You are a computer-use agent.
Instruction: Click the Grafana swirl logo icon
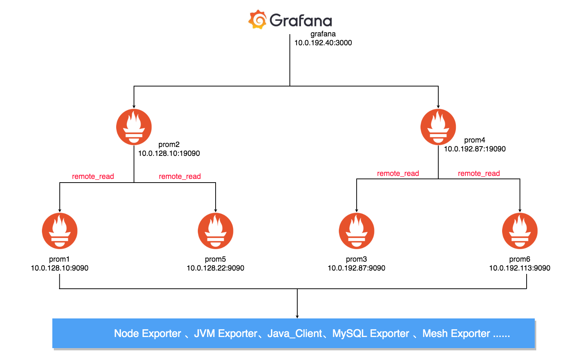(257, 19)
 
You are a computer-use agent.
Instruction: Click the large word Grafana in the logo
(301, 20)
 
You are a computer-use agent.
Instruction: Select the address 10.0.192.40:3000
(323, 43)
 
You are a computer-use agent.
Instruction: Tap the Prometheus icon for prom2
(134, 127)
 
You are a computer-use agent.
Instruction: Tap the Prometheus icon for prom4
(438, 127)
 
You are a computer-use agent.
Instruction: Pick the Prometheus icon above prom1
(60, 231)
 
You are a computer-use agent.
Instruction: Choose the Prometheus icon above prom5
(215, 231)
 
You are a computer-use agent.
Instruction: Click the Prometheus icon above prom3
(357, 231)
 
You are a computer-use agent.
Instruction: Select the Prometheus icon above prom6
(520, 231)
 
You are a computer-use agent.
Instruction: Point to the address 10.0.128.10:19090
(169, 153)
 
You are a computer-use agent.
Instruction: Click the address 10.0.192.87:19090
(475, 149)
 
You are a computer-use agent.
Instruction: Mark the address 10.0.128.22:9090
(215, 268)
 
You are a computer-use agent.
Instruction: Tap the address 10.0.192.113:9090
(520, 268)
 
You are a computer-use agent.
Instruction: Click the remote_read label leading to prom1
(93, 176)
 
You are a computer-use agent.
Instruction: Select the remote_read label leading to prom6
(479, 173)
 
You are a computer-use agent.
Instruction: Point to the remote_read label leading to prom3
(398, 173)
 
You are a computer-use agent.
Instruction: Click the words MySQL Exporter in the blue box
(371, 333)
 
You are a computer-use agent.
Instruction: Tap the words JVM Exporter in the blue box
(225, 333)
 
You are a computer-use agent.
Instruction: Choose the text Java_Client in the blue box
(295, 334)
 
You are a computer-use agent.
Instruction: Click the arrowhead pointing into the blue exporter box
(297, 317)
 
